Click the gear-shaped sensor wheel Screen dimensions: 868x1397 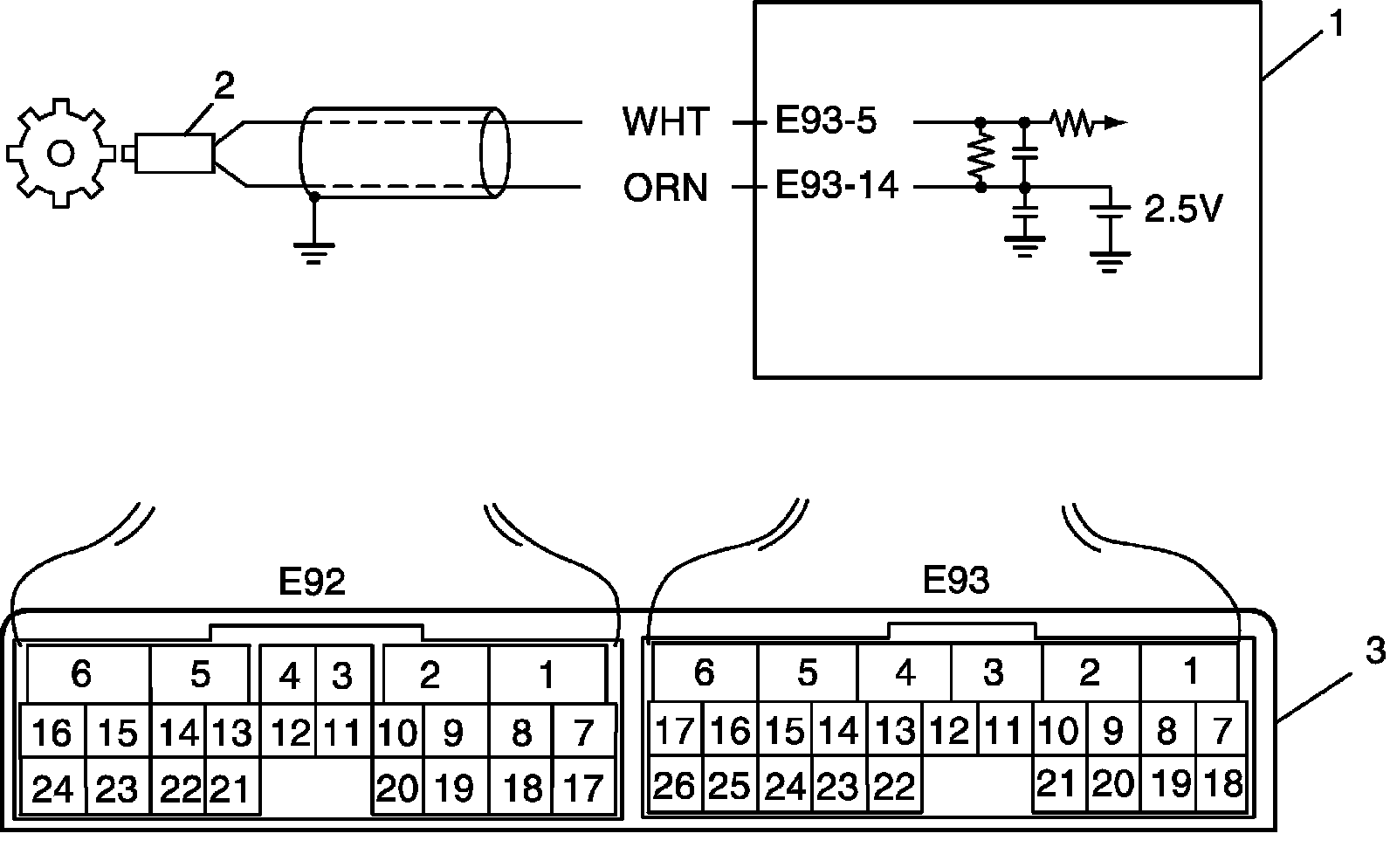pos(60,154)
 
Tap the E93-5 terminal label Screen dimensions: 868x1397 pos(826,121)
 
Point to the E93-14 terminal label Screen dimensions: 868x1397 pos(836,186)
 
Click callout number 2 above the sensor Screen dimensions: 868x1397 pos(224,86)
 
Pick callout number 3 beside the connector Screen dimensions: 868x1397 pos(1375,651)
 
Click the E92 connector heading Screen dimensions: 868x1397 pos(312,582)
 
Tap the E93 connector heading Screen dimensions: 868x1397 pos(956,580)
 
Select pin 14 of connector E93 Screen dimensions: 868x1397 pos(838,731)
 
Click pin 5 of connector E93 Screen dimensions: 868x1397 pos(807,672)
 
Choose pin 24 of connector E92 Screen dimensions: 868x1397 pos(52,789)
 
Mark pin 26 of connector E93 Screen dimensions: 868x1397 pos(675,786)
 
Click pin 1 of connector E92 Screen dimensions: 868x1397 pos(547,674)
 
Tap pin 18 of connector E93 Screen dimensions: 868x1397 pos(1222,783)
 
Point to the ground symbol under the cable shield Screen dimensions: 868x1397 pos(314,253)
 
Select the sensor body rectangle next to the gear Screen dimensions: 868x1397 pos(175,154)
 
